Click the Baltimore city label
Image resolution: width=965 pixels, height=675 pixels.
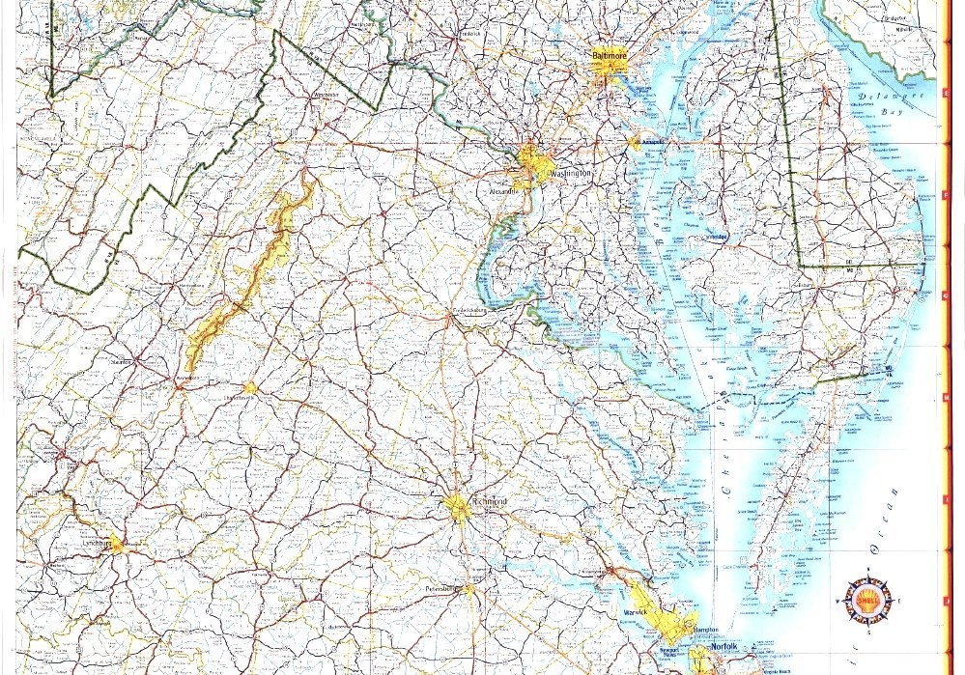coord(610,56)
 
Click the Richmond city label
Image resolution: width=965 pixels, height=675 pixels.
coord(489,501)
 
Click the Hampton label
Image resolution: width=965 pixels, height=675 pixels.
coord(704,630)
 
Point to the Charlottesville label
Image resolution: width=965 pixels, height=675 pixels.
coord(241,397)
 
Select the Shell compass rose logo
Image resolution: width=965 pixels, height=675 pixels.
coord(866,600)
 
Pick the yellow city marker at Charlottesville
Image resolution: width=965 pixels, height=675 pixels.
coord(250,387)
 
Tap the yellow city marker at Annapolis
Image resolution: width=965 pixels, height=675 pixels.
coord(635,142)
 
